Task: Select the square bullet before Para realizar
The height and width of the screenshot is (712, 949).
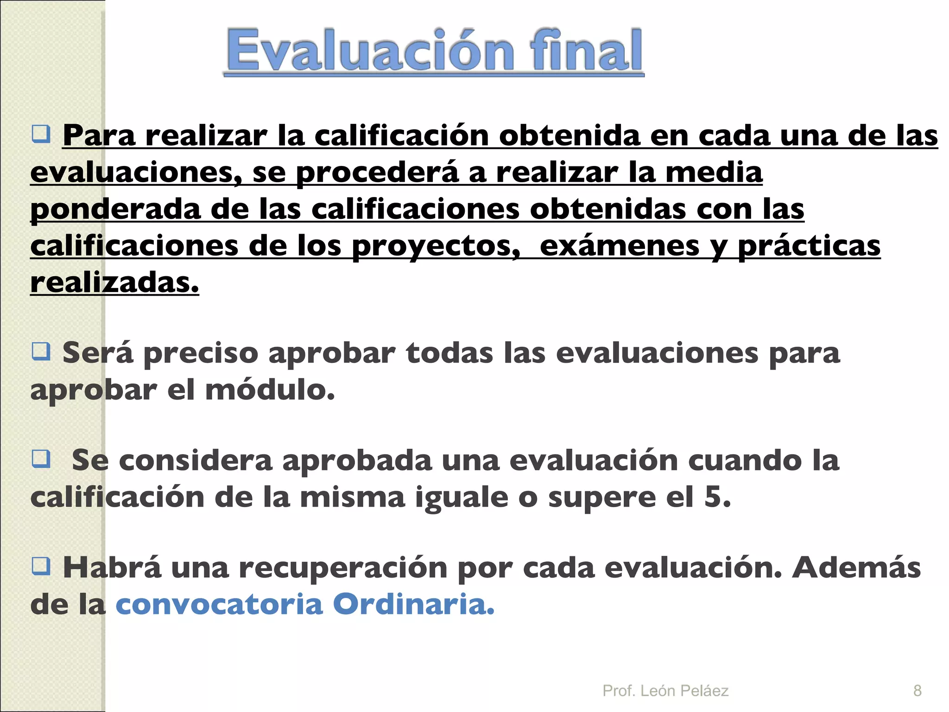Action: [41, 134]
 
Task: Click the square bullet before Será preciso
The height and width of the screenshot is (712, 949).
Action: [41, 351]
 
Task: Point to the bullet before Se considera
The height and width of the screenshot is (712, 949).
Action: [41, 459]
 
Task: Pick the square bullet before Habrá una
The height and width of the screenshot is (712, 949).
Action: [41, 566]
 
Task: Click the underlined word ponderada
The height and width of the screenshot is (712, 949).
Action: [115, 210]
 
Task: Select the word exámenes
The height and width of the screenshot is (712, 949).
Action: [620, 247]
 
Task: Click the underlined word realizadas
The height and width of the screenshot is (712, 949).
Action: [114, 283]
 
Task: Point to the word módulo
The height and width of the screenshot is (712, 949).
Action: [270, 390]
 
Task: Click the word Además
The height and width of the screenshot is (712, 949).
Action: [856, 568]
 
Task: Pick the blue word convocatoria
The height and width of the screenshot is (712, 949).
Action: [219, 604]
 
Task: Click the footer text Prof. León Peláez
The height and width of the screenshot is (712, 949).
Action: [665, 690]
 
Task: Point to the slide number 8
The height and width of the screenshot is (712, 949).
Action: [917, 690]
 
